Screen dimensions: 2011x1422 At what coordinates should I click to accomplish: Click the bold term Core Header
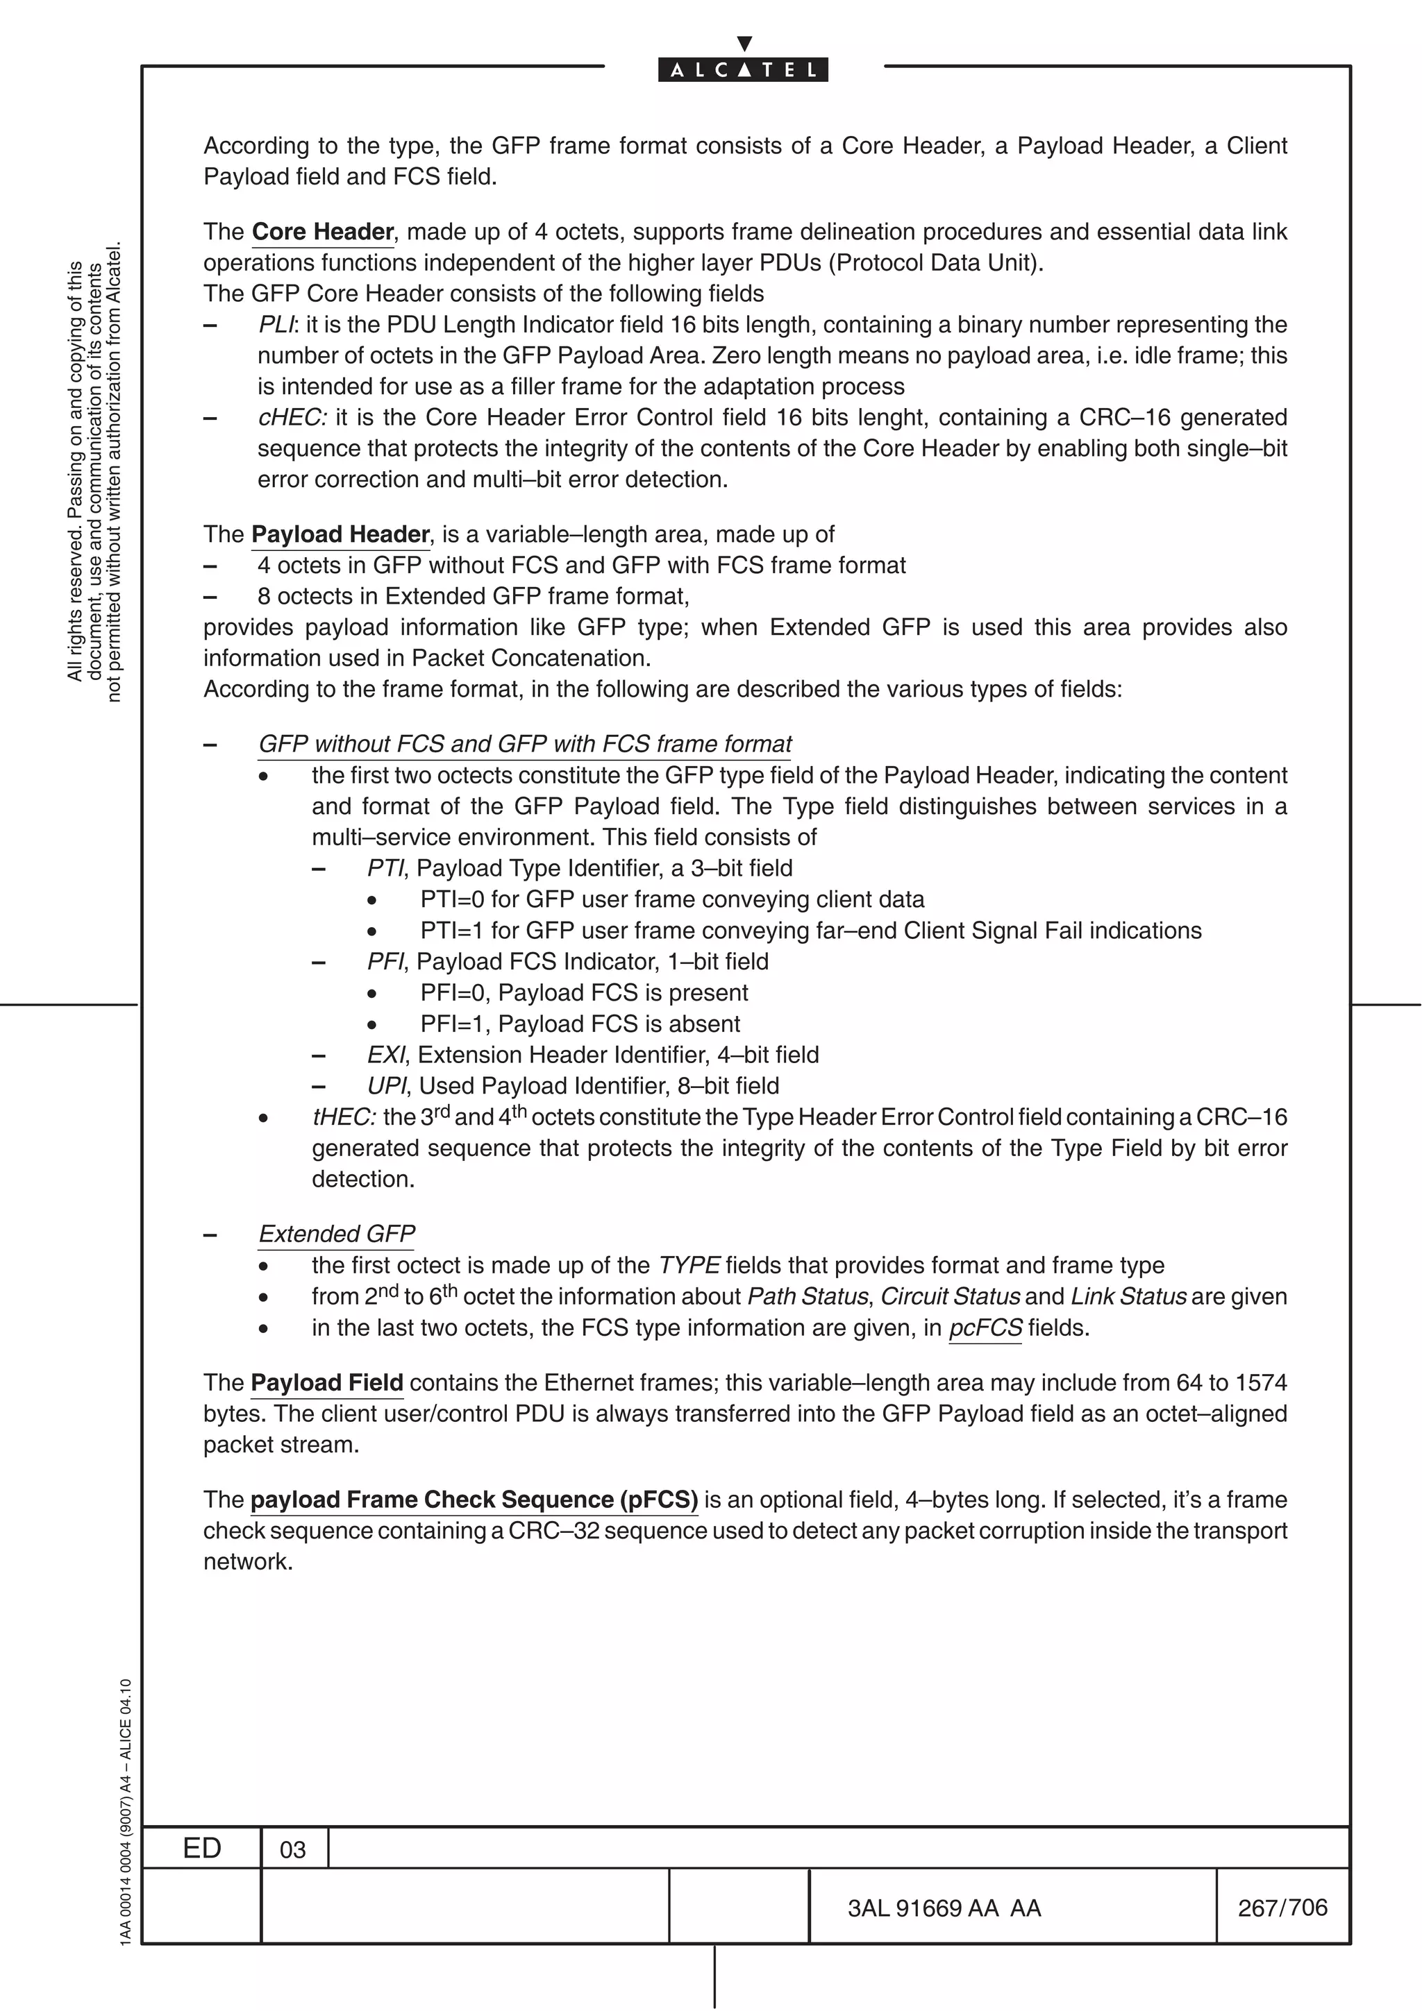click(x=322, y=232)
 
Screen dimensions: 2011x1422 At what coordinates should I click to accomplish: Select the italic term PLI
click(x=277, y=325)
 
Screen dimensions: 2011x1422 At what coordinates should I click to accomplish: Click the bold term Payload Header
click(x=340, y=535)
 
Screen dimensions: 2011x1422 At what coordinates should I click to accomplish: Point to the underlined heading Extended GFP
click(x=337, y=1234)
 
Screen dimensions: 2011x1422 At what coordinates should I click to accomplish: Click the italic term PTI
click(x=385, y=869)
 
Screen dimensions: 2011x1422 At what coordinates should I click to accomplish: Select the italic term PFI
click(x=385, y=962)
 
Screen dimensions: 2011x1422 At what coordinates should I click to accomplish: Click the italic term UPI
click(x=386, y=1086)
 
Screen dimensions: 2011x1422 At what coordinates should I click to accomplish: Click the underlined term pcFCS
click(x=985, y=1327)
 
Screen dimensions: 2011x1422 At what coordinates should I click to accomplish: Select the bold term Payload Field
click(x=327, y=1383)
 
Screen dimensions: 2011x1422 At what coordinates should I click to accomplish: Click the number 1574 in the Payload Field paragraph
click(x=1261, y=1383)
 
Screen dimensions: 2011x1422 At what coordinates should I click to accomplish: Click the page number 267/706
click(x=1282, y=1908)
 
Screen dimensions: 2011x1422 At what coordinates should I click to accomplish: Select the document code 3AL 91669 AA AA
click(x=944, y=1908)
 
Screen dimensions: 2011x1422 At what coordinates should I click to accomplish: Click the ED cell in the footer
click(x=201, y=1848)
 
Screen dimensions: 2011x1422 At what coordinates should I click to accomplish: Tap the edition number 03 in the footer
click(x=292, y=1850)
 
